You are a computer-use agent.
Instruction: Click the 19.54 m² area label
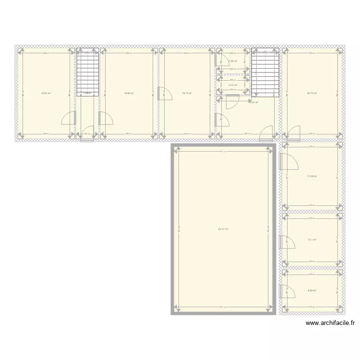point(46,93)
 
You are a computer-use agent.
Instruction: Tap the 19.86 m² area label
point(129,93)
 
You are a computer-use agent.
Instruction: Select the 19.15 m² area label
point(187,93)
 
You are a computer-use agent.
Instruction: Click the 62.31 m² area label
point(223,229)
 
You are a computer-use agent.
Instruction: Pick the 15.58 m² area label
point(312,176)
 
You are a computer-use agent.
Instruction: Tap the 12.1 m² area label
point(312,240)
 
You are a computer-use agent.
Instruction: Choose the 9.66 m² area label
point(312,290)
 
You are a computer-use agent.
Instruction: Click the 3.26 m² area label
point(233,61)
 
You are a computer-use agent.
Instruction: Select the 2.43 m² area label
point(233,85)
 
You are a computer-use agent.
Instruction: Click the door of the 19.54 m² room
point(70,118)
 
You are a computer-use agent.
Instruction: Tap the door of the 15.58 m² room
point(287,163)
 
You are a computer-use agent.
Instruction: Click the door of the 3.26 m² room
point(222,60)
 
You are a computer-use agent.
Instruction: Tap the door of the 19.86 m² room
point(106,118)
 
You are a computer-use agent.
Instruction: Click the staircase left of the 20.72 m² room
point(265,73)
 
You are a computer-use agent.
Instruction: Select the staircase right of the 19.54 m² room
point(88,73)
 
